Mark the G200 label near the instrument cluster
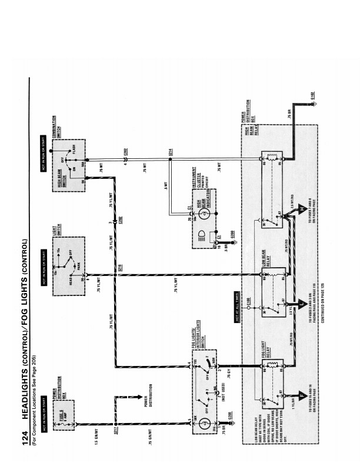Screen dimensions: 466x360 (x=233, y=238)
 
